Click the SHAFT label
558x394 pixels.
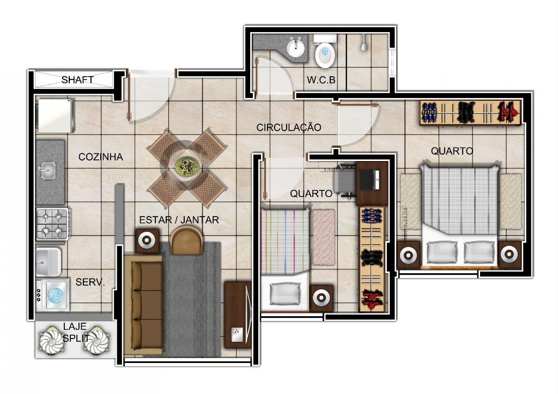click(77, 79)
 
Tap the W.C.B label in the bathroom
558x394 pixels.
click(321, 79)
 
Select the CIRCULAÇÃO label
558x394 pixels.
click(289, 127)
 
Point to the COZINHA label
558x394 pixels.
click(100, 157)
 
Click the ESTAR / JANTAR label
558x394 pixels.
click(179, 220)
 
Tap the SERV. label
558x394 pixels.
click(90, 282)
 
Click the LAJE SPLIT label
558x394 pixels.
click(75, 332)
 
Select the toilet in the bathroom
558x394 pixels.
click(325, 51)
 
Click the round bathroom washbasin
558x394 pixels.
click(296, 47)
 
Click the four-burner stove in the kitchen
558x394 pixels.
click(52, 224)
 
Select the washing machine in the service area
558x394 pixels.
click(52, 295)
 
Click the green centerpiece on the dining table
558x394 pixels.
click(186, 166)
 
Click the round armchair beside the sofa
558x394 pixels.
click(186, 241)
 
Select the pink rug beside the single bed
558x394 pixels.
click(324, 237)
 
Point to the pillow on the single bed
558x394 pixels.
click(285, 293)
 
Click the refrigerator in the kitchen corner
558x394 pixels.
click(56, 116)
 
